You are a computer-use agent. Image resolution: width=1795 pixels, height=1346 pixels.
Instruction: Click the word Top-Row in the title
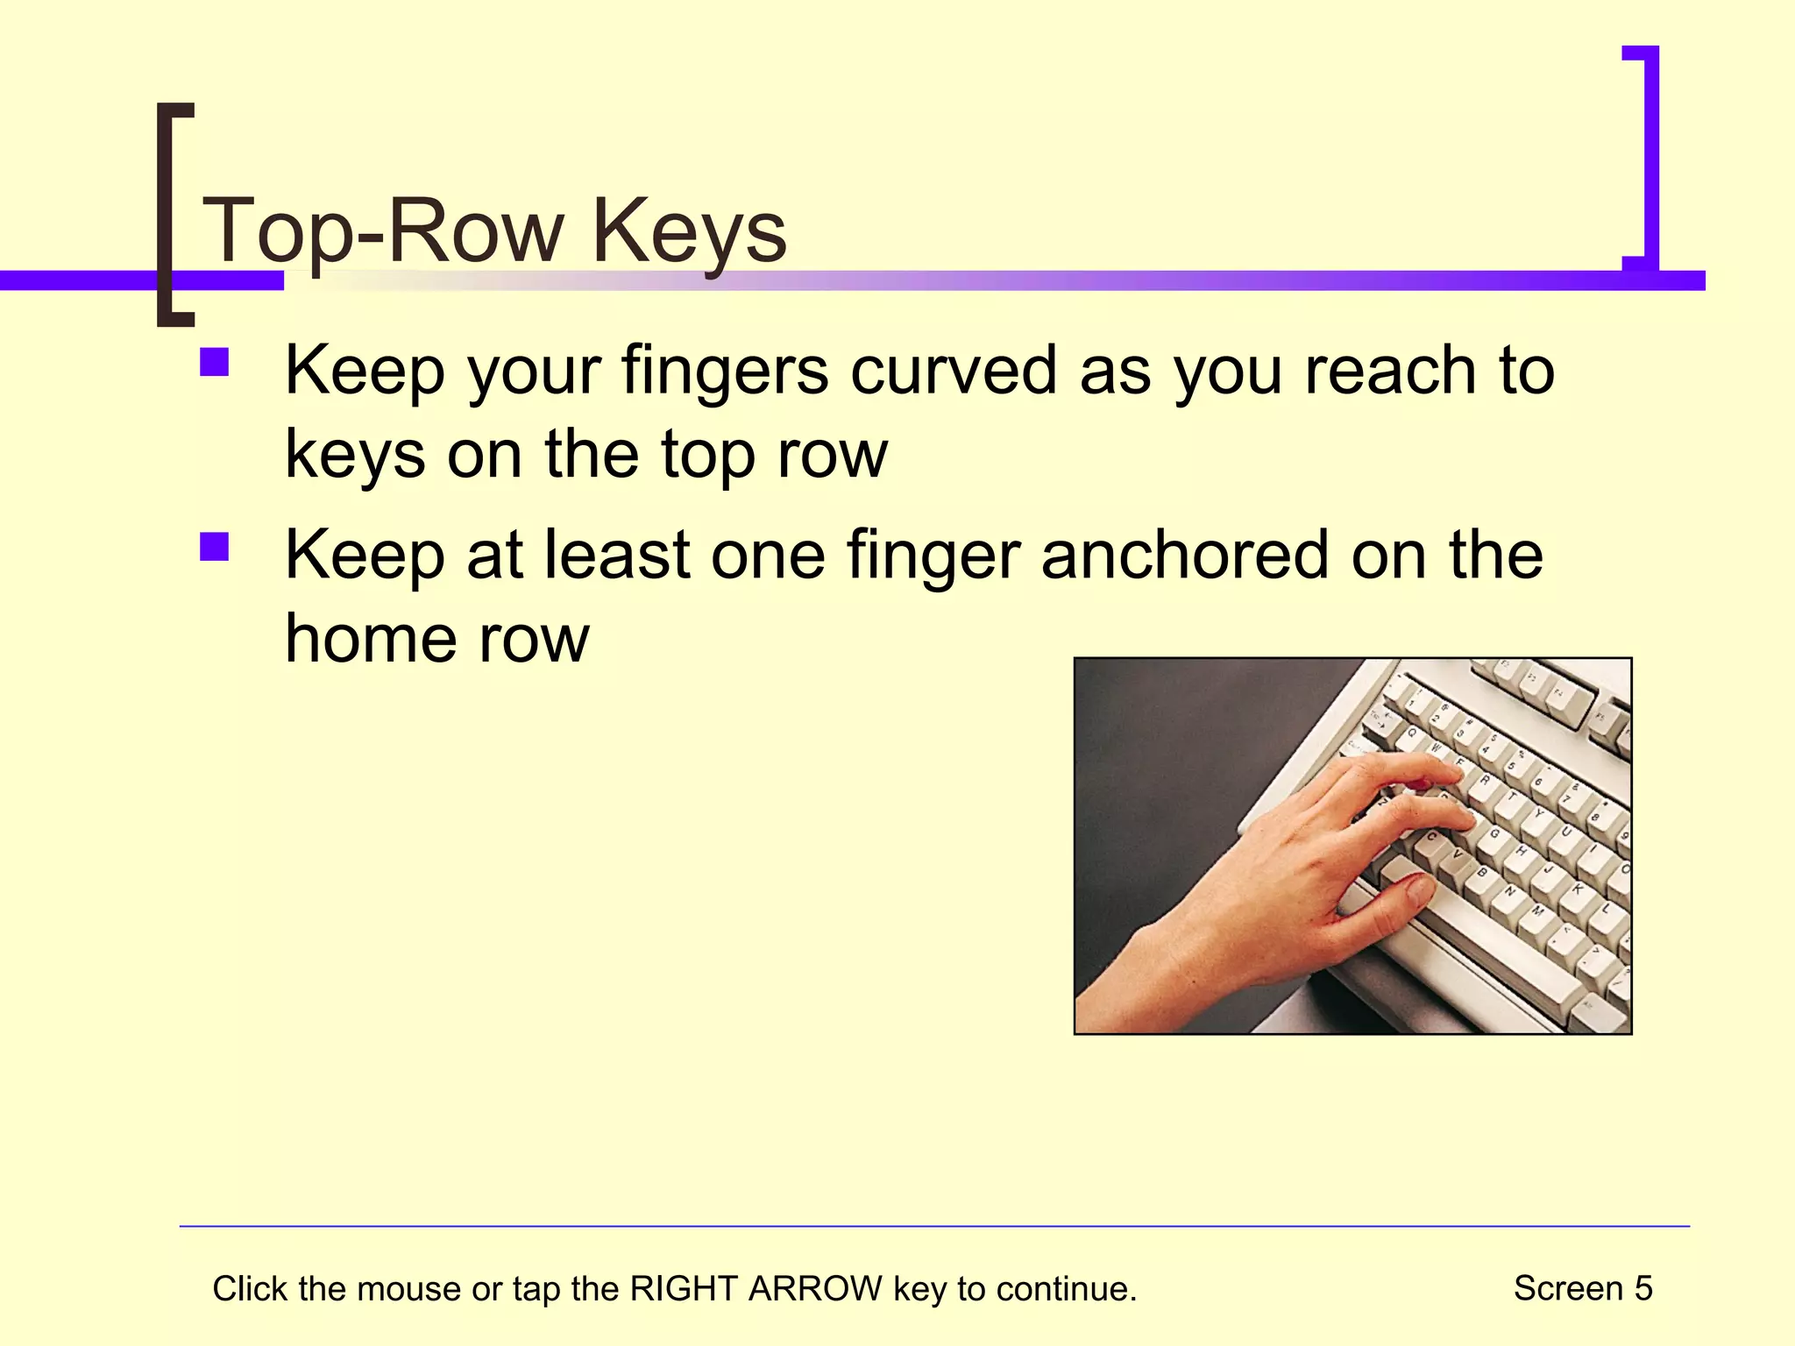(x=383, y=230)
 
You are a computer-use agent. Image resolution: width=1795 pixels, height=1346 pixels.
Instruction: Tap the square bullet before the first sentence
(x=214, y=363)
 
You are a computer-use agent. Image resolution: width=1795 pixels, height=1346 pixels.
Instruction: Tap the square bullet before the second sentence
(x=214, y=548)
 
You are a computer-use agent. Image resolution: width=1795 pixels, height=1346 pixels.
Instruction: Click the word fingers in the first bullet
(x=725, y=372)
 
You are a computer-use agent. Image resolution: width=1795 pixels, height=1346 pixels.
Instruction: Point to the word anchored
(x=1186, y=555)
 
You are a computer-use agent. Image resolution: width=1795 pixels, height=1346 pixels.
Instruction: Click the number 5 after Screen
(x=1642, y=1288)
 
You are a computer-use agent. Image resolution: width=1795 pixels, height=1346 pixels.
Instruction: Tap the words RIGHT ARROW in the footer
(x=756, y=1289)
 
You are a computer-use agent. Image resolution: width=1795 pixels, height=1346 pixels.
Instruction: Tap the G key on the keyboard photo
(x=1494, y=833)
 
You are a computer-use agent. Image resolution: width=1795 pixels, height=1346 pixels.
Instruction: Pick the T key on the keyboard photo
(x=1511, y=797)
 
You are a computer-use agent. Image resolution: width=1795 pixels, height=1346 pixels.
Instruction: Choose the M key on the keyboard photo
(x=1537, y=911)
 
